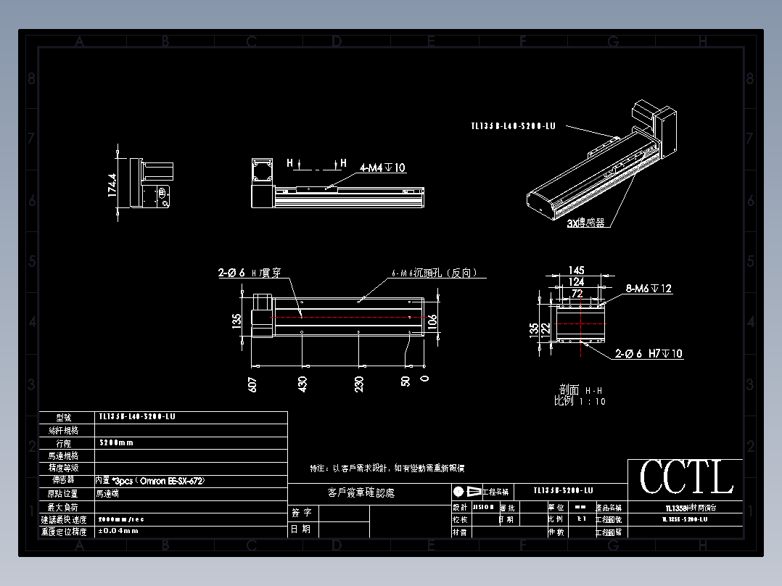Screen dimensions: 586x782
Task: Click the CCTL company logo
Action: click(686, 477)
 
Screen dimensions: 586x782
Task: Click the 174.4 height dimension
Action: click(112, 185)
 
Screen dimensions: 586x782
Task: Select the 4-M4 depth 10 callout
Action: click(382, 168)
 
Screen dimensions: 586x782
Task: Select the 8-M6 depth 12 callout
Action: click(649, 289)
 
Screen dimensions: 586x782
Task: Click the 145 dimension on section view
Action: click(577, 271)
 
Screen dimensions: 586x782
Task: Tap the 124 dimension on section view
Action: click(577, 281)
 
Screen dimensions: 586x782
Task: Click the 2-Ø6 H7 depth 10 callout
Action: click(649, 354)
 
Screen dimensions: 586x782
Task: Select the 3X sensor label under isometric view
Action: click(585, 223)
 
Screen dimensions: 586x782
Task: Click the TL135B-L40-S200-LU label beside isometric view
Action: click(514, 125)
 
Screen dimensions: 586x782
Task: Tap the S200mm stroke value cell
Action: click(116, 442)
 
